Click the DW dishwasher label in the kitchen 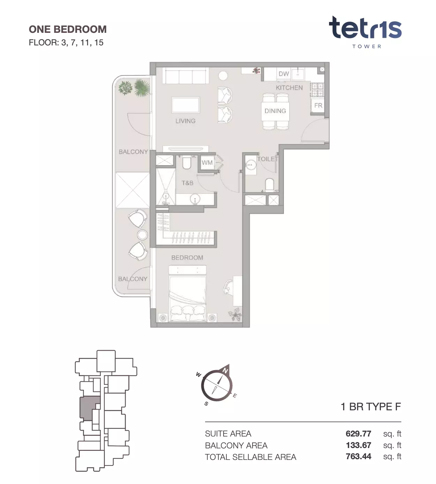pos(284,74)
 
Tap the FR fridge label pos(318,105)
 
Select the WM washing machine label pos(207,163)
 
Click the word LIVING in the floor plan pos(185,121)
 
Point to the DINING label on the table pos(275,111)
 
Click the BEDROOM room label pos(187,258)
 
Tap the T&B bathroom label pos(188,183)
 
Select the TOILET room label pos(268,159)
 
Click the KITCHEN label pos(289,88)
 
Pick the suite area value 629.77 pos(359,434)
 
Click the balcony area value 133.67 pos(359,445)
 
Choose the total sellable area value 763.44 pos(359,456)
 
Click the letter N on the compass pos(225,371)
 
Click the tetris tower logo pos(365,32)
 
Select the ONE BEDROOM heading pos(68,29)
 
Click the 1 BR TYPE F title pos(371,407)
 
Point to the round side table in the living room pos(223,76)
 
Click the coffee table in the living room pos(186,105)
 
